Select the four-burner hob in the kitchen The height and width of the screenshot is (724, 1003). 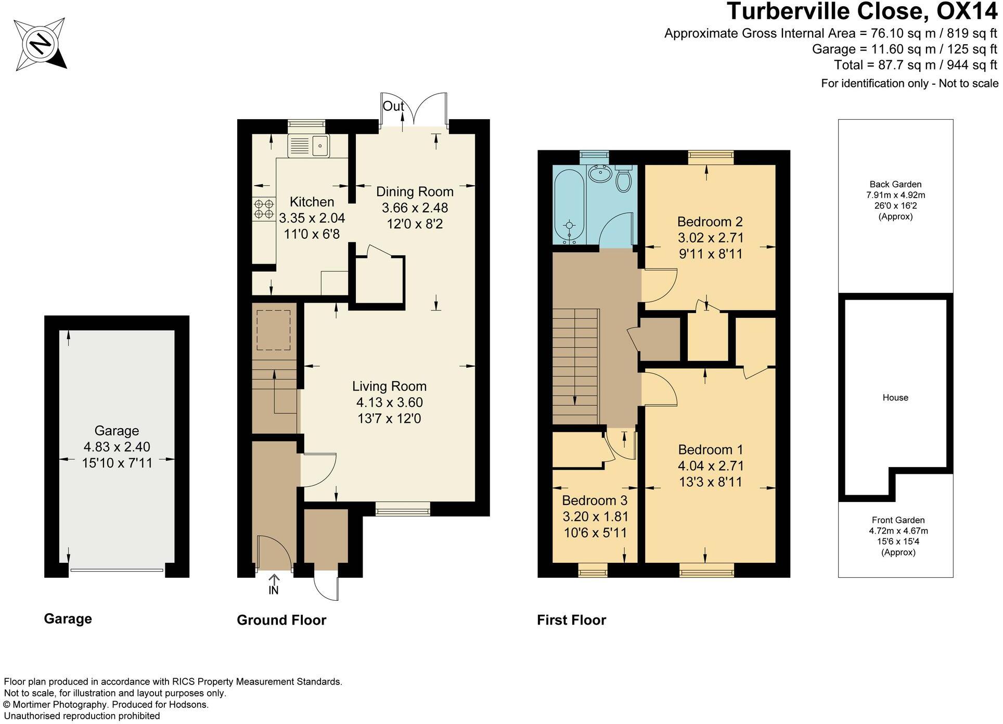pos(264,209)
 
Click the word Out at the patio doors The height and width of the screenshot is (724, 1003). pos(393,106)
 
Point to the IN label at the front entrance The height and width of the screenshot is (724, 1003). pos(274,590)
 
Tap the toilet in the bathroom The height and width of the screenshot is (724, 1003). pos(623,179)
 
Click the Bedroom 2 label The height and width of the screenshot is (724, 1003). pos(710,222)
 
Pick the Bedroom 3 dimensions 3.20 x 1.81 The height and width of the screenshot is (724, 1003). pos(595,516)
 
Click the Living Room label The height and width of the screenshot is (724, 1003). pos(389,386)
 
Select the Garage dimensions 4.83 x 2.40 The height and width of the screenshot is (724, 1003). pos(117,447)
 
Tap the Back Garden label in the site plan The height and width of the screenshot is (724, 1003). pos(895,184)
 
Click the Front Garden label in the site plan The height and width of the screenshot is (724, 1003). pos(898,520)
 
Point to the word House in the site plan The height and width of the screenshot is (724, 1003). pos(895,398)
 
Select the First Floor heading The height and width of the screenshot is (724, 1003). pos(571,620)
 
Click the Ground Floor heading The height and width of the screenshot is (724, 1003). pos(281,620)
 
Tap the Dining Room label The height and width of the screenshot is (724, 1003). pos(415,192)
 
